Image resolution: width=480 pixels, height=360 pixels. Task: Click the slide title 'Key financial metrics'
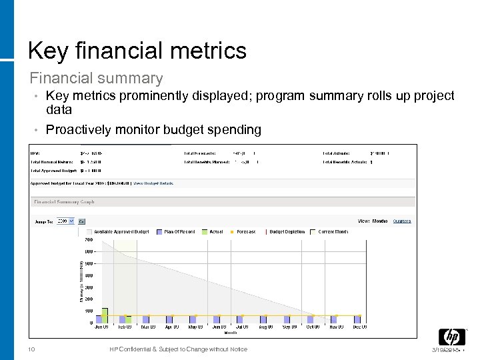pyautogui.click(x=137, y=50)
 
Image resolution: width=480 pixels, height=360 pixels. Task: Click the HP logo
pyautogui.click(x=451, y=337)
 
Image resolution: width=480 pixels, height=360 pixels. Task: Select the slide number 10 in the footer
pyautogui.click(x=31, y=349)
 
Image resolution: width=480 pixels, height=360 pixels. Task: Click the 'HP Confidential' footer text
pyautogui.click(x=178, y=349)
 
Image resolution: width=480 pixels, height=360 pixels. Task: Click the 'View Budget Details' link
pyautogui.click(x=153, y=183)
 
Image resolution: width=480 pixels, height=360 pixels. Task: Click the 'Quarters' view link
pyautogui.click(x=402, y=221)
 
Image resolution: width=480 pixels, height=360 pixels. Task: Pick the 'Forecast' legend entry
pyautogui.click(x=244, y=231)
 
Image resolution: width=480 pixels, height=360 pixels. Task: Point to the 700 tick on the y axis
pyautogui.click(x=89, y=239)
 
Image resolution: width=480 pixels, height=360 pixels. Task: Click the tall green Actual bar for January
pyautogui.click(x=105, y=315)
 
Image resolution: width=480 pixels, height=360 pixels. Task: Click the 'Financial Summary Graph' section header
pyautogui.click(x=64, y=202)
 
